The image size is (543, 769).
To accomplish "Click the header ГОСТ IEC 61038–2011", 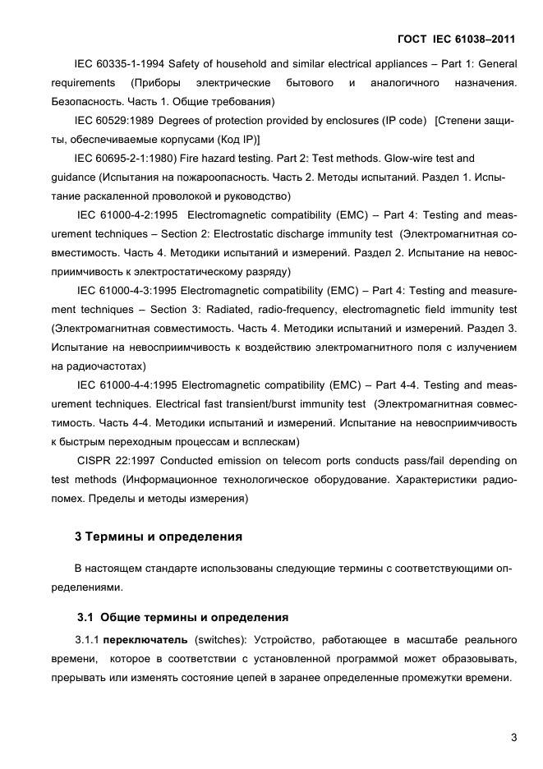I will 457,38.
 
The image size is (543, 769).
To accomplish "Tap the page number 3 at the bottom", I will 513,737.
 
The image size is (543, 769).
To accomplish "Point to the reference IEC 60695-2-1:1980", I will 122,158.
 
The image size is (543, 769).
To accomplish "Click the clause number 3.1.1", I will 89,638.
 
